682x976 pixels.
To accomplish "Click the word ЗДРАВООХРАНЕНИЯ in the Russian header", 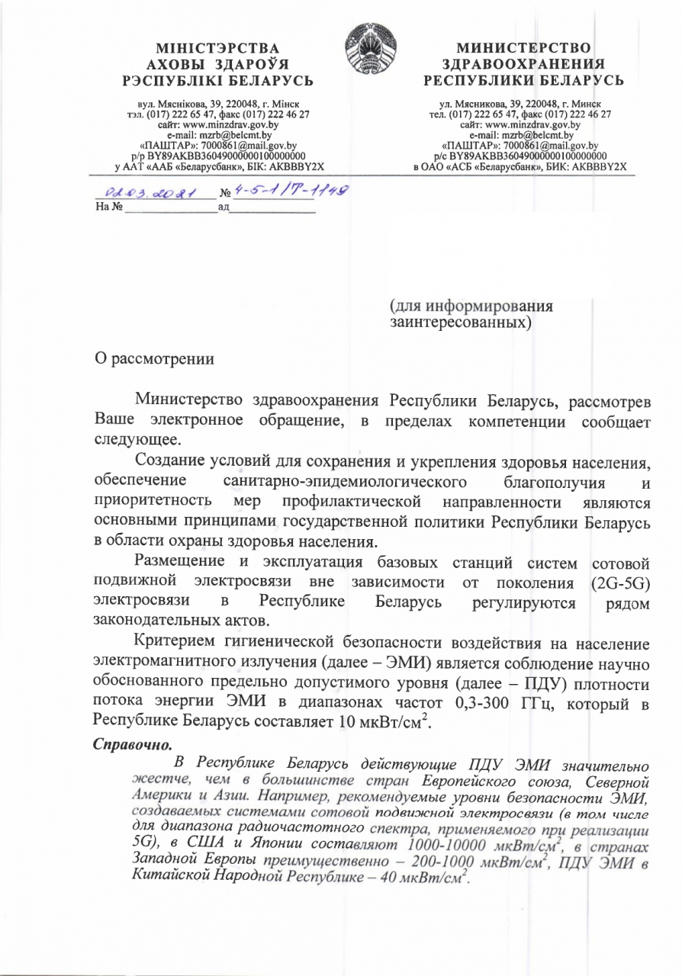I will pyautogui.click(x=524, y=65).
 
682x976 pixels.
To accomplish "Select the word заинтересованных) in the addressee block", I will pyautogui.click(x=460, y=323).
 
